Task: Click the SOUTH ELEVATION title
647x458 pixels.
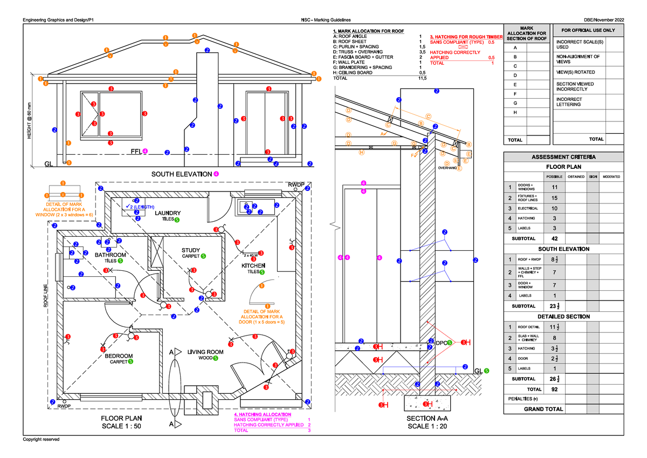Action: point(181,174)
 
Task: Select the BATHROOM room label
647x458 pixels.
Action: point(111,255)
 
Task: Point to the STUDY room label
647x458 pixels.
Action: point(191,250)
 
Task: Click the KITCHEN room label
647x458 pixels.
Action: point(253,266)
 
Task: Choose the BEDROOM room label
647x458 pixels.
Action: point(119,356)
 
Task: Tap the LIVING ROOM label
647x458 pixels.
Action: point(205,352)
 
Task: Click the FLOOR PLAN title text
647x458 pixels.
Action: point(122,418)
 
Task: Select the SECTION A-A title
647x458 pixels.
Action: point(426,419)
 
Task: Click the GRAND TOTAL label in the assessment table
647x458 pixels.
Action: point(543,409)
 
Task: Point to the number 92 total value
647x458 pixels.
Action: point(554,389)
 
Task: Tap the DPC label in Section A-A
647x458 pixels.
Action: point(442,343)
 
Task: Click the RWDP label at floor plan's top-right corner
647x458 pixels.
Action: point(296,184)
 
